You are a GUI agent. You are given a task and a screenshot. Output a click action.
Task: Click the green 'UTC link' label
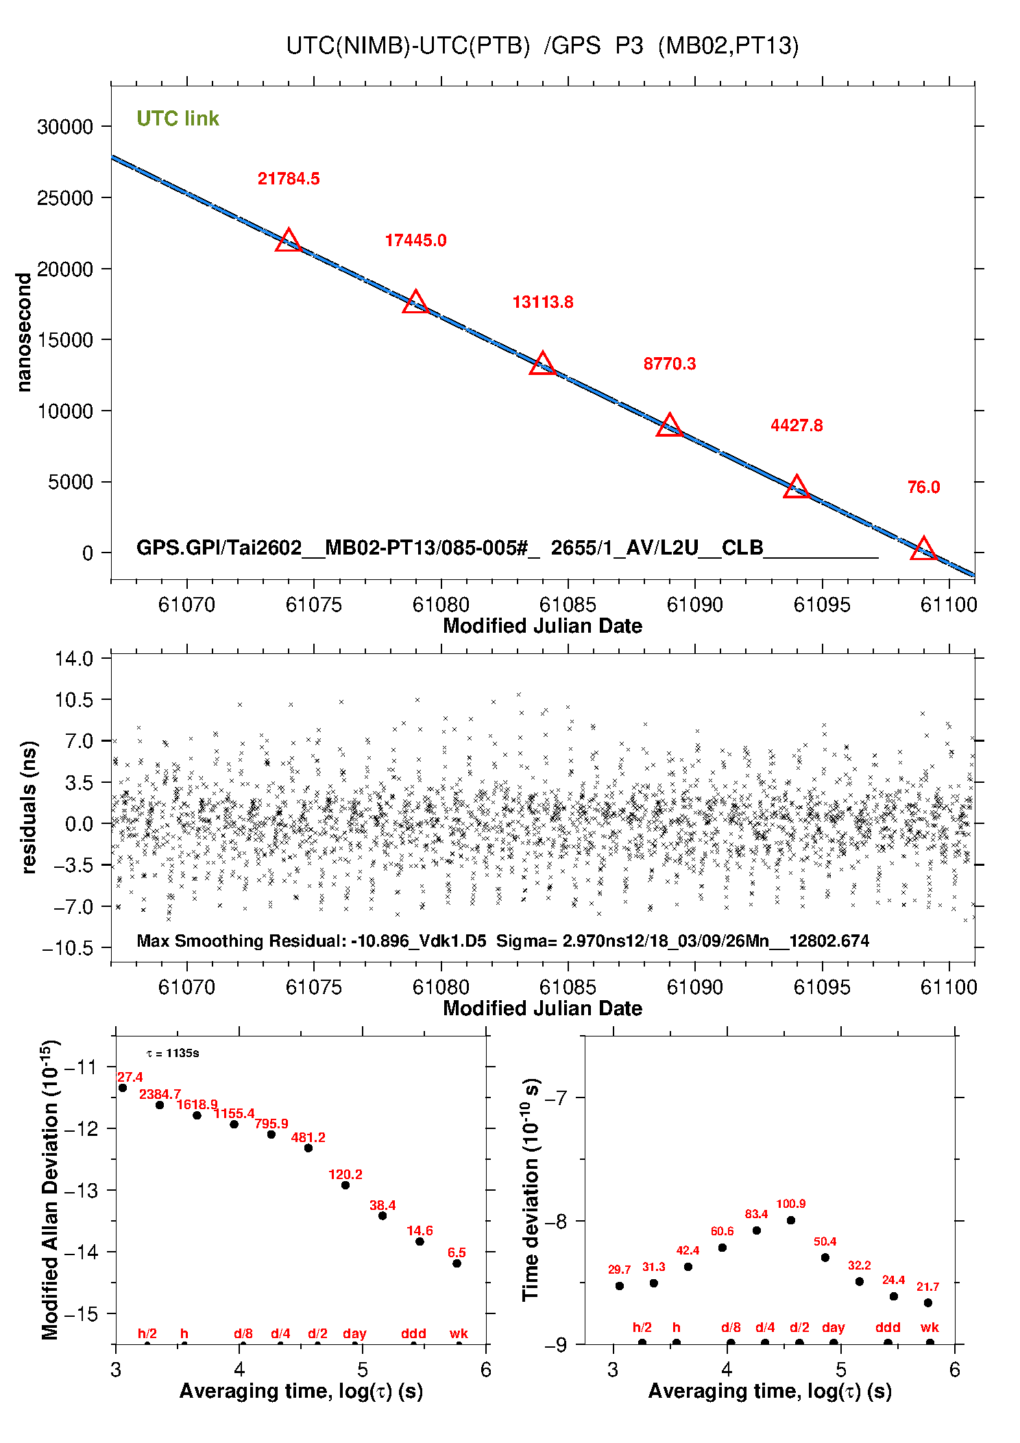click(x=178, y=119)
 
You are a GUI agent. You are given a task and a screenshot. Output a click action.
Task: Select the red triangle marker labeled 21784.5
click(x=289, y=241)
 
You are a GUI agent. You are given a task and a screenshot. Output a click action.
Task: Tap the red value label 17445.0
click(x=415, y=241)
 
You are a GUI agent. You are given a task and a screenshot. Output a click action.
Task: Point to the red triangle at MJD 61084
click(x=542, y=364)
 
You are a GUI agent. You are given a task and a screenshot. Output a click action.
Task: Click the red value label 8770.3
click(x=669, y=364)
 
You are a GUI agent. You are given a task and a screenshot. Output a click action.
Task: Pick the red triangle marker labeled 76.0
click(x=923, y=549)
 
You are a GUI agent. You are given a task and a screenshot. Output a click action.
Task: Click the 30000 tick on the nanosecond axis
click(x=65, y=127)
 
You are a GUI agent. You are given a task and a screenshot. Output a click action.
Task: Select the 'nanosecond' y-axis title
click(x=24, y=332)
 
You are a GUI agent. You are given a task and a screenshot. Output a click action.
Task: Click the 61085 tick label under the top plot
click(x=568, y=605)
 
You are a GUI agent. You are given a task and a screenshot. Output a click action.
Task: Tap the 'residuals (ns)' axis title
click(x=28, y=807)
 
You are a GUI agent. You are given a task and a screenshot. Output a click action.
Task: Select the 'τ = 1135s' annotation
click(x=173, y=1053)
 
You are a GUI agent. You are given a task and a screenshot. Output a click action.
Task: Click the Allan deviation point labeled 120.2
click(x=345, y=1185)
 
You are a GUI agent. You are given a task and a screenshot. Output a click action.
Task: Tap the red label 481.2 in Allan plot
click(x=308, y=1137)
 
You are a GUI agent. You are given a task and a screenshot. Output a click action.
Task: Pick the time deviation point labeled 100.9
click(x=790, y=1220)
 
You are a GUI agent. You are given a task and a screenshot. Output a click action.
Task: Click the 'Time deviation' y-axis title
click(x=531, y=1189)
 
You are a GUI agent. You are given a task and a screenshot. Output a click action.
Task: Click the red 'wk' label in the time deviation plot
click(x=930, y=1327)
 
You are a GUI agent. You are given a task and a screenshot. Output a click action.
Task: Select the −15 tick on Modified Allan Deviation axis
click(x=83, y=1314)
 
